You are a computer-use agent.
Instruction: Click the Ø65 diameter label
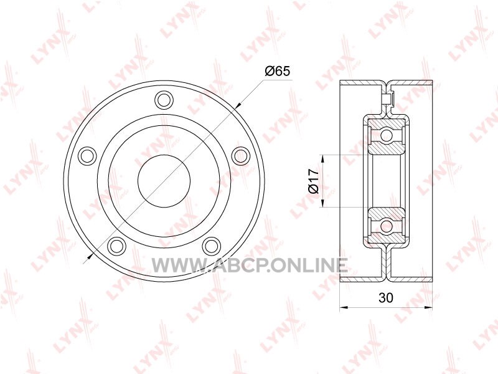pos(277,71)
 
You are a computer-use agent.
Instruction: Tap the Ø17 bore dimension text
pos(314,181)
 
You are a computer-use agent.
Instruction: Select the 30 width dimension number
pos(386,298)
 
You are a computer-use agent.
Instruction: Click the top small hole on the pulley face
pos(164,100)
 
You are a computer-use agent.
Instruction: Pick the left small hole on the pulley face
pos(88,156)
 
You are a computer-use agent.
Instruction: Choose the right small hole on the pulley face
pos(240,156)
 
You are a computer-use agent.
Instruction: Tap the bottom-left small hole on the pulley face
pos(117,246)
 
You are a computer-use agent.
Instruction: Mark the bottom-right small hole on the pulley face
pos(212,246)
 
